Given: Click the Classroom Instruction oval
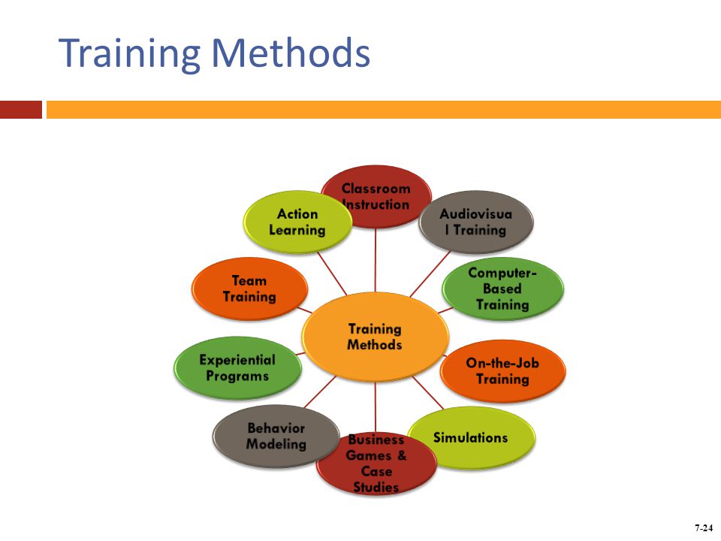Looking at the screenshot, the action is [x=376, y=196].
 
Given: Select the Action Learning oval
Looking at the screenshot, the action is [x=297, y=222].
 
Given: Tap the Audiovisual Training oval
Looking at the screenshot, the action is [x=476, y=222].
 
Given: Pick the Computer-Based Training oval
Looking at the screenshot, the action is [x=502, y=289].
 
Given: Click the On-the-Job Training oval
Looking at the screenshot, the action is [x=502, y=370].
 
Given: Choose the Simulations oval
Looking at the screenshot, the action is [x=472, y=437].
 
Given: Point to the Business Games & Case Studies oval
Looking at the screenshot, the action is [x=376, y=464].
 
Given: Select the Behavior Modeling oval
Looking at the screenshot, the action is [x=276, y=436].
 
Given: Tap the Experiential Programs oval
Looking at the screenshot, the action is [x=238, y=367].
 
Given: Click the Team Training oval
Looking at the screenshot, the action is [x=249, y=289].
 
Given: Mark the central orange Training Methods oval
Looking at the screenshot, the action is [x=375, y=337].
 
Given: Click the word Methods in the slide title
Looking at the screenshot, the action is [x=291, y=53].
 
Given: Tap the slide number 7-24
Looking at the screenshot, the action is [x=704, y=527].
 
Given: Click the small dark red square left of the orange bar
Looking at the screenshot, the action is [x=21, y=110].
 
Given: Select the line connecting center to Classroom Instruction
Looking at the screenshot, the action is [x=376, y=260].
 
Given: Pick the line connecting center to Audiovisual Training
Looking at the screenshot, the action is [x=430, y=274].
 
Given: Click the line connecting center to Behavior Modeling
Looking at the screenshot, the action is [x=320, y=392].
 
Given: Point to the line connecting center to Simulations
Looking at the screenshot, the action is [x=428, y=392].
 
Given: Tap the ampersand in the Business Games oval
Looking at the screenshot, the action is [x=401, y=455].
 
